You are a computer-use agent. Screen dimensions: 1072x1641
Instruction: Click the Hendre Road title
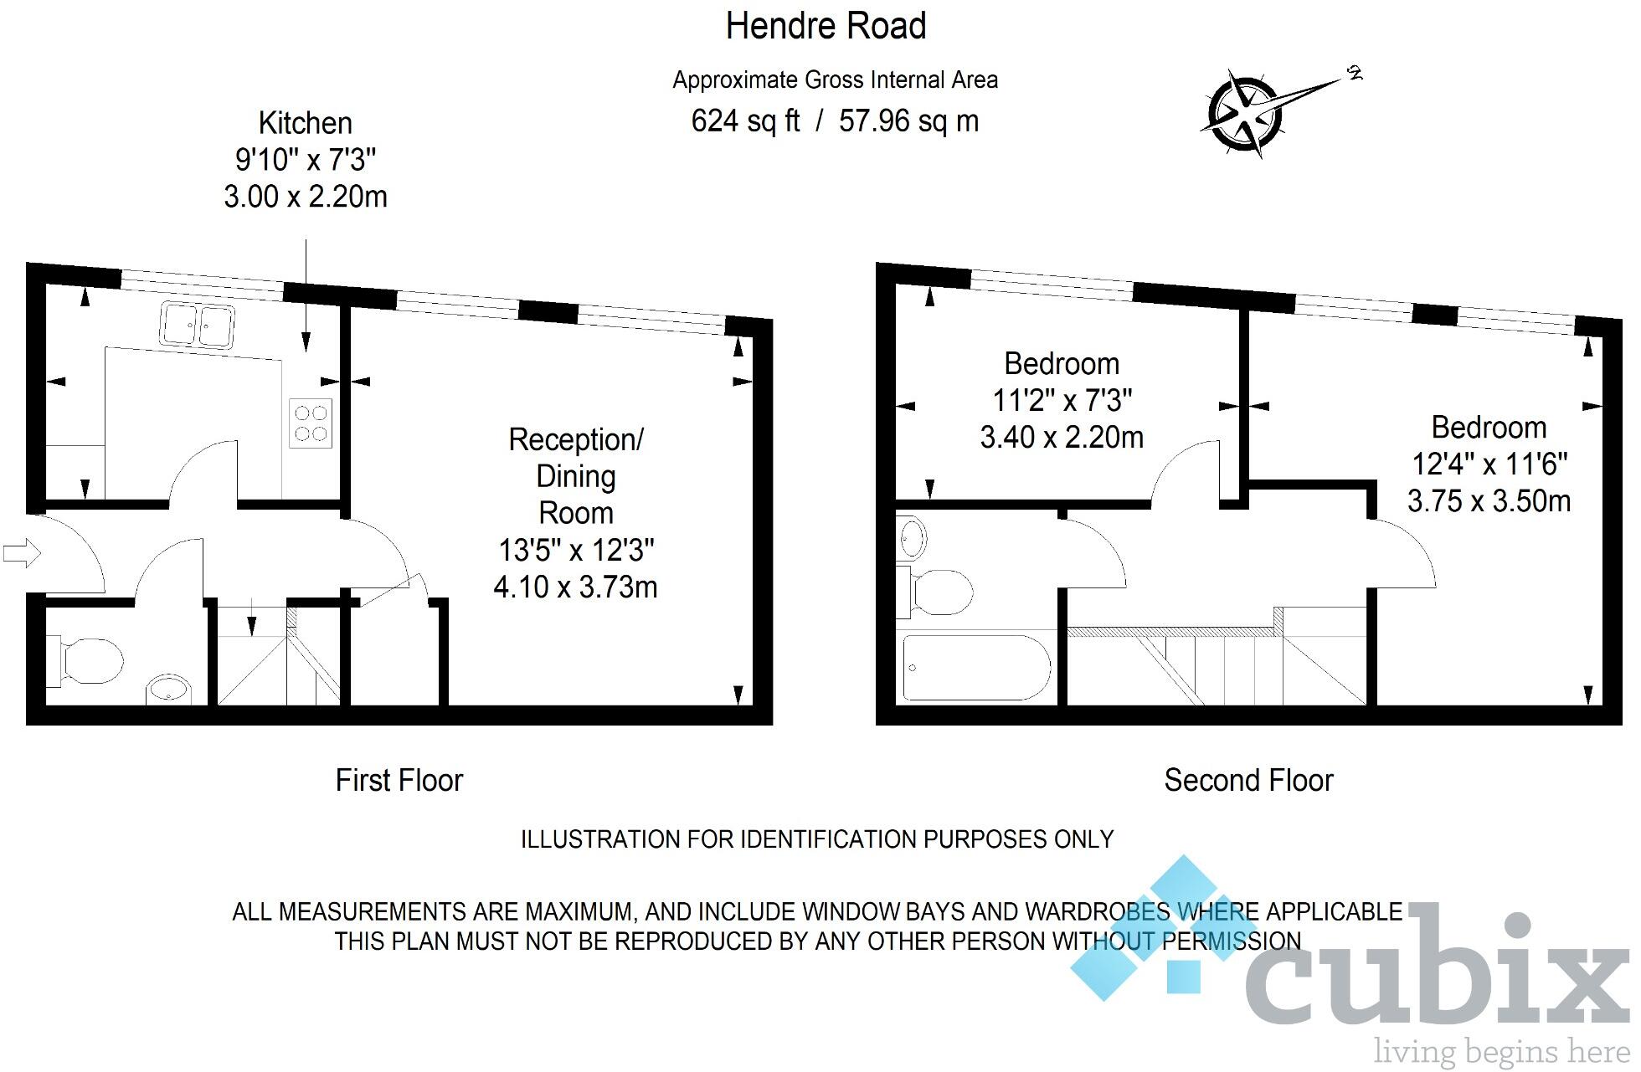tap(826, 26)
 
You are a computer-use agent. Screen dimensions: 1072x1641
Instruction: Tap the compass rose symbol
tap(1246, 113)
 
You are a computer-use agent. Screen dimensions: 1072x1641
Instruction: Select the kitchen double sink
tap(198, 325)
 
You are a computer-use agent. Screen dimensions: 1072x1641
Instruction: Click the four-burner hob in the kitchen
tap(311, 423)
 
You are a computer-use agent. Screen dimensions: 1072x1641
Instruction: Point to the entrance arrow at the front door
tap(22, 552)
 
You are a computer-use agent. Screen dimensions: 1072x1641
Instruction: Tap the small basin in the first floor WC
tap(169, 691)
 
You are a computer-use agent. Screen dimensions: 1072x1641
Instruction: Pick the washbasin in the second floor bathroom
tap(911, 536)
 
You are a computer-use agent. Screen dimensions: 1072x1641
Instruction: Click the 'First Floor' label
tap(399, 780)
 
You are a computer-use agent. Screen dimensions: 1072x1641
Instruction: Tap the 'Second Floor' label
tap(1247, 780)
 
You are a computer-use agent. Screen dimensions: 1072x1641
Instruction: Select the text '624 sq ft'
tap(745, 121)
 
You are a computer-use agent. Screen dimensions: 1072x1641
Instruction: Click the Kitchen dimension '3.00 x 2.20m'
tap(306, 197)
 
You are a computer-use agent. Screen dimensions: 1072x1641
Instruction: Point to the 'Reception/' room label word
tap(576, 439)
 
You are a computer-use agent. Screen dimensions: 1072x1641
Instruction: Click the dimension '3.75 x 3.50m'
tap(1489, 500)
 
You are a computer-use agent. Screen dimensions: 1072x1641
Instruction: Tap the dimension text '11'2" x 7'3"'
tap(1062, 401)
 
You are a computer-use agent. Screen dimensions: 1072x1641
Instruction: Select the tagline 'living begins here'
tap(1502, 1051)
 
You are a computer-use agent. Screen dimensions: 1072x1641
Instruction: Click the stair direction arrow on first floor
tap(251, 623)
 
